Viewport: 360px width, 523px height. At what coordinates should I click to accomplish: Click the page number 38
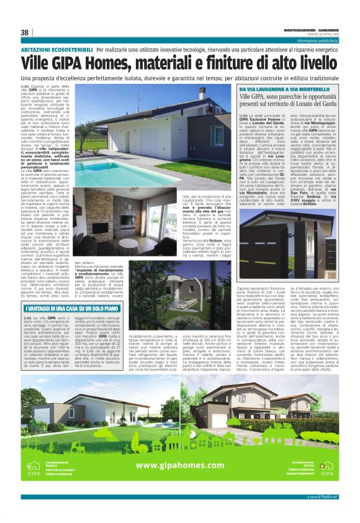tap(25, 32)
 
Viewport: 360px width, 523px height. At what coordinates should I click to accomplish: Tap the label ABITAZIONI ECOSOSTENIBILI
tap(58, 47)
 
